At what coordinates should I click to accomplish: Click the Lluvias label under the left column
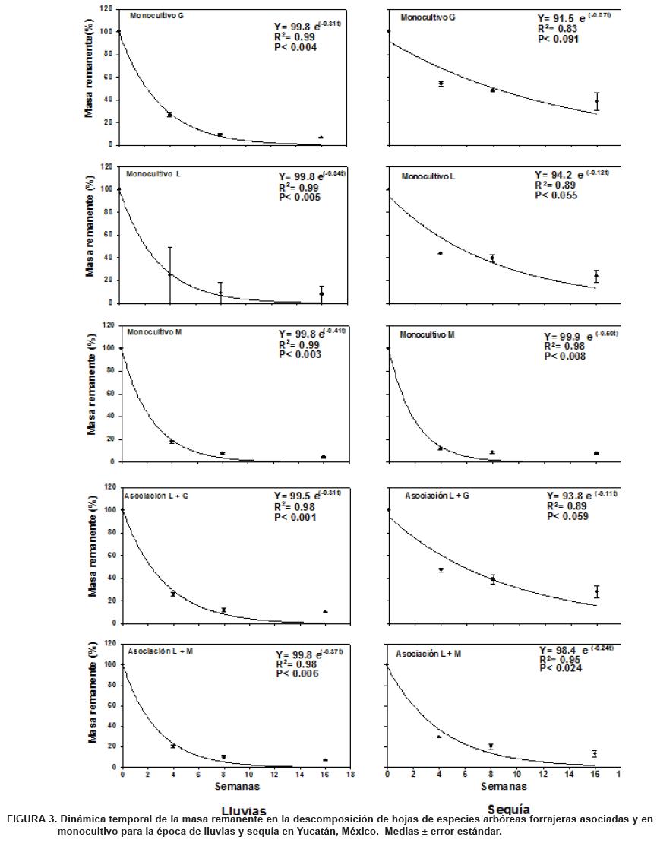tap(243, 810)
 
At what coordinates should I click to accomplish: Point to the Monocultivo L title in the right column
tap(428, 176)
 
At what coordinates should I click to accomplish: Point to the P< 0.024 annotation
tap(559, 669)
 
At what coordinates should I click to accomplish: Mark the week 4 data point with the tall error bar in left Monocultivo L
tap(170, 274)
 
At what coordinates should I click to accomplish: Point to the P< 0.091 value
tap(558, 39)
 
